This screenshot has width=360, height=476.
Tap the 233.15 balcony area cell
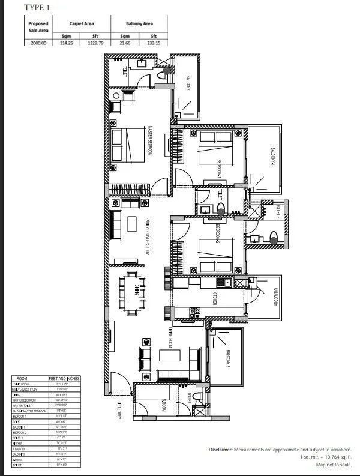pos(150,43)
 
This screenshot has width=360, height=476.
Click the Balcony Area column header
pos(139,23)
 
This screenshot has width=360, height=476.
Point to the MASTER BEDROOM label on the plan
pos(150,141)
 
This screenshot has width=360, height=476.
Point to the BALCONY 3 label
pos(227,359)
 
